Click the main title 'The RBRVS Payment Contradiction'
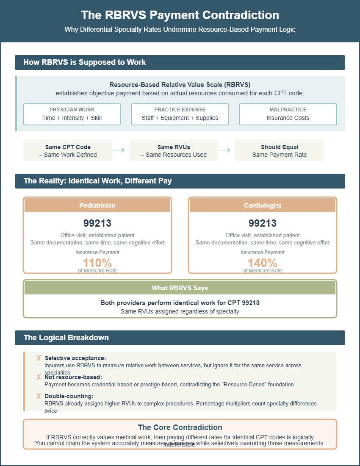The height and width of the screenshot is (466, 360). click(x=180, y=15)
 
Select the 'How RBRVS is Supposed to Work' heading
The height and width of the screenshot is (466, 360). click(x=85, y=62)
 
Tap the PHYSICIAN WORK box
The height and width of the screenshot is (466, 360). click(x=72, y=114)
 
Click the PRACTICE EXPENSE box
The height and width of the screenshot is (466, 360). click(x=180, y=114)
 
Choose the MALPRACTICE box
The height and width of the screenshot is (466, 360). click(x=288, y=114)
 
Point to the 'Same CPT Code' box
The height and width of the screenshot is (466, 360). click(x=68, y=150)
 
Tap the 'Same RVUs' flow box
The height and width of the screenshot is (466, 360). click(x=174, y=150)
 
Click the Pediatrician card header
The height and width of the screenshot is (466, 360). click(x=97, y=205)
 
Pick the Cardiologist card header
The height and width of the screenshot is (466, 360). click(x=263, y=205)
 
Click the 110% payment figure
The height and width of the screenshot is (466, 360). click(x=97, y=263)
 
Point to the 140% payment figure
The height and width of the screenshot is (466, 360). click(x=263, y=263)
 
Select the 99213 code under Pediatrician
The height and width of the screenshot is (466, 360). click(x=97, y=223)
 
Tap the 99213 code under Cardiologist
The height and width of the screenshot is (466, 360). click(x=263, y=223)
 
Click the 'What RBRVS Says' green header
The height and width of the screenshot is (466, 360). click(x=180, y=288)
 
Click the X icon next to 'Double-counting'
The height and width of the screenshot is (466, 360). click(x=39, y=396)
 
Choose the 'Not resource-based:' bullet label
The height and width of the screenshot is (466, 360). click(x=73, y=377)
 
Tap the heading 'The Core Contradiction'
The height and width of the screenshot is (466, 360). click(x=180, y=427)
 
